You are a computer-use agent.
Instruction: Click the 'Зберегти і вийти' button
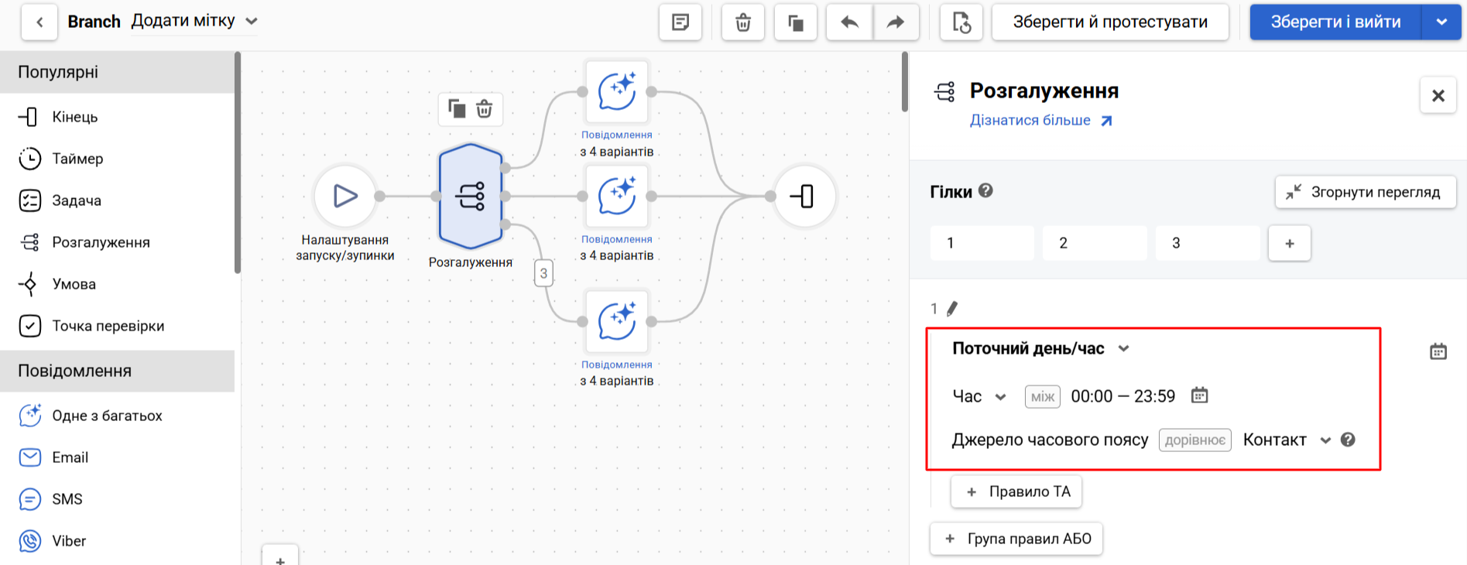point(1335,22)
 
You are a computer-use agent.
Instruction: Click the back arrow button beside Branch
point(39,22)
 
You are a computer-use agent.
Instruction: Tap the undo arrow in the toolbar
point(850,22)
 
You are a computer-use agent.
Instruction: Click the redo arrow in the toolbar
point(896,22)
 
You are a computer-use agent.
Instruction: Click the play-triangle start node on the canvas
point(345,196)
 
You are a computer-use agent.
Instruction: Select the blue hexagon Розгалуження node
point(471,196)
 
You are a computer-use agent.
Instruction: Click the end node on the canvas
point(805,196)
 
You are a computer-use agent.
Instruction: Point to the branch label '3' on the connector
point(543,273)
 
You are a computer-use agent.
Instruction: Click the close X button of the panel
point(1438,95)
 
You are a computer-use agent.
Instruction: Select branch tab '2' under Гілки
point(1095,243)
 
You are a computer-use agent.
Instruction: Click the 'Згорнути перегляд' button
point(1366,192)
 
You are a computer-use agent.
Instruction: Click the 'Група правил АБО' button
point(1016,539)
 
